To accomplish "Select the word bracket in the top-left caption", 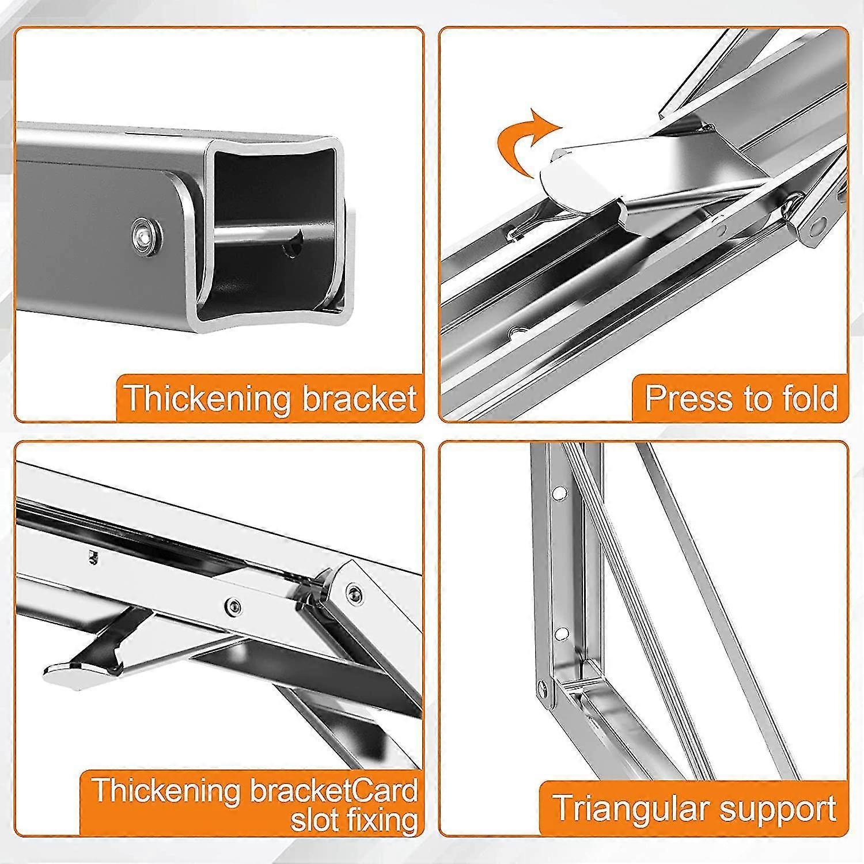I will point(359,398).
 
